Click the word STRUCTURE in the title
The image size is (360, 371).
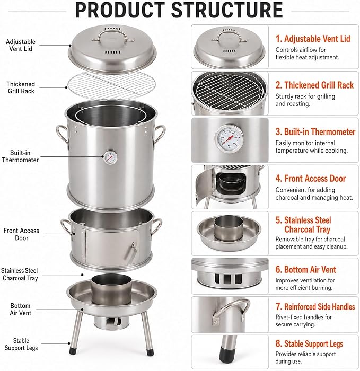(x=226, y=10)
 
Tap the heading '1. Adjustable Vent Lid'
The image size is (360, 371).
(x=313, y=39)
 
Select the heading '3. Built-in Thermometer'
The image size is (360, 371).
(x=315, y=131)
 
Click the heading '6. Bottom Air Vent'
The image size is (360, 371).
(x=305, y=269)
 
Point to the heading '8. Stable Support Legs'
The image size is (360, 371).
(x=309, y=344)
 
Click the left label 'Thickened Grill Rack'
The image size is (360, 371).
(x=21, y=87)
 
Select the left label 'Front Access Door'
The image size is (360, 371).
(x=21, y=234)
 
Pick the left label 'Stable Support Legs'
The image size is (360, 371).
(x=21, y=344)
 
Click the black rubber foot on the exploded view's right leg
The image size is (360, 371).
(x=150, y=351)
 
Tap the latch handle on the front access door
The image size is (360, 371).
(x=130, y=251)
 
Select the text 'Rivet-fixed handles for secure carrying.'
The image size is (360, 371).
(x=303, y=321)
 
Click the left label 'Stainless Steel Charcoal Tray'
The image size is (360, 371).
(x=20, y=274)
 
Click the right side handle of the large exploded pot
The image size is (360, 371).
(x=159, y=137)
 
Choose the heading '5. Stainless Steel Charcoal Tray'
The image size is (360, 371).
(x=303, y=225)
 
